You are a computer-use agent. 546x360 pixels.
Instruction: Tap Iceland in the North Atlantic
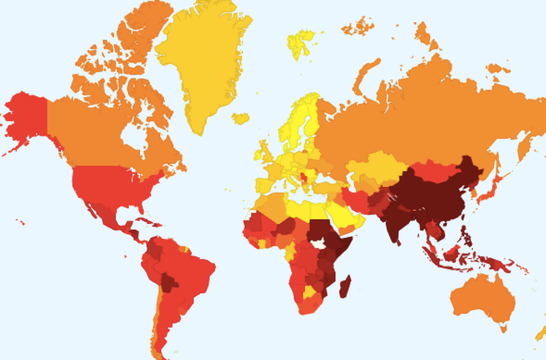241,118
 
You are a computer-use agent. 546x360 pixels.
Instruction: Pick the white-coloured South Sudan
318,244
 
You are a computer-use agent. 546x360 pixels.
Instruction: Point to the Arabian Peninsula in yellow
340,213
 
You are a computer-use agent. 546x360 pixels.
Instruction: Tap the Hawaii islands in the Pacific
20,222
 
